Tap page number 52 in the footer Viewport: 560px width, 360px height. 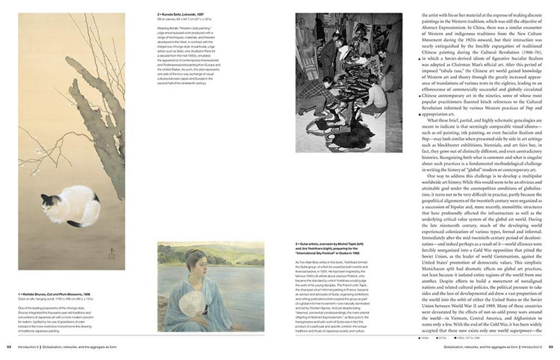(x=9, y=347)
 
